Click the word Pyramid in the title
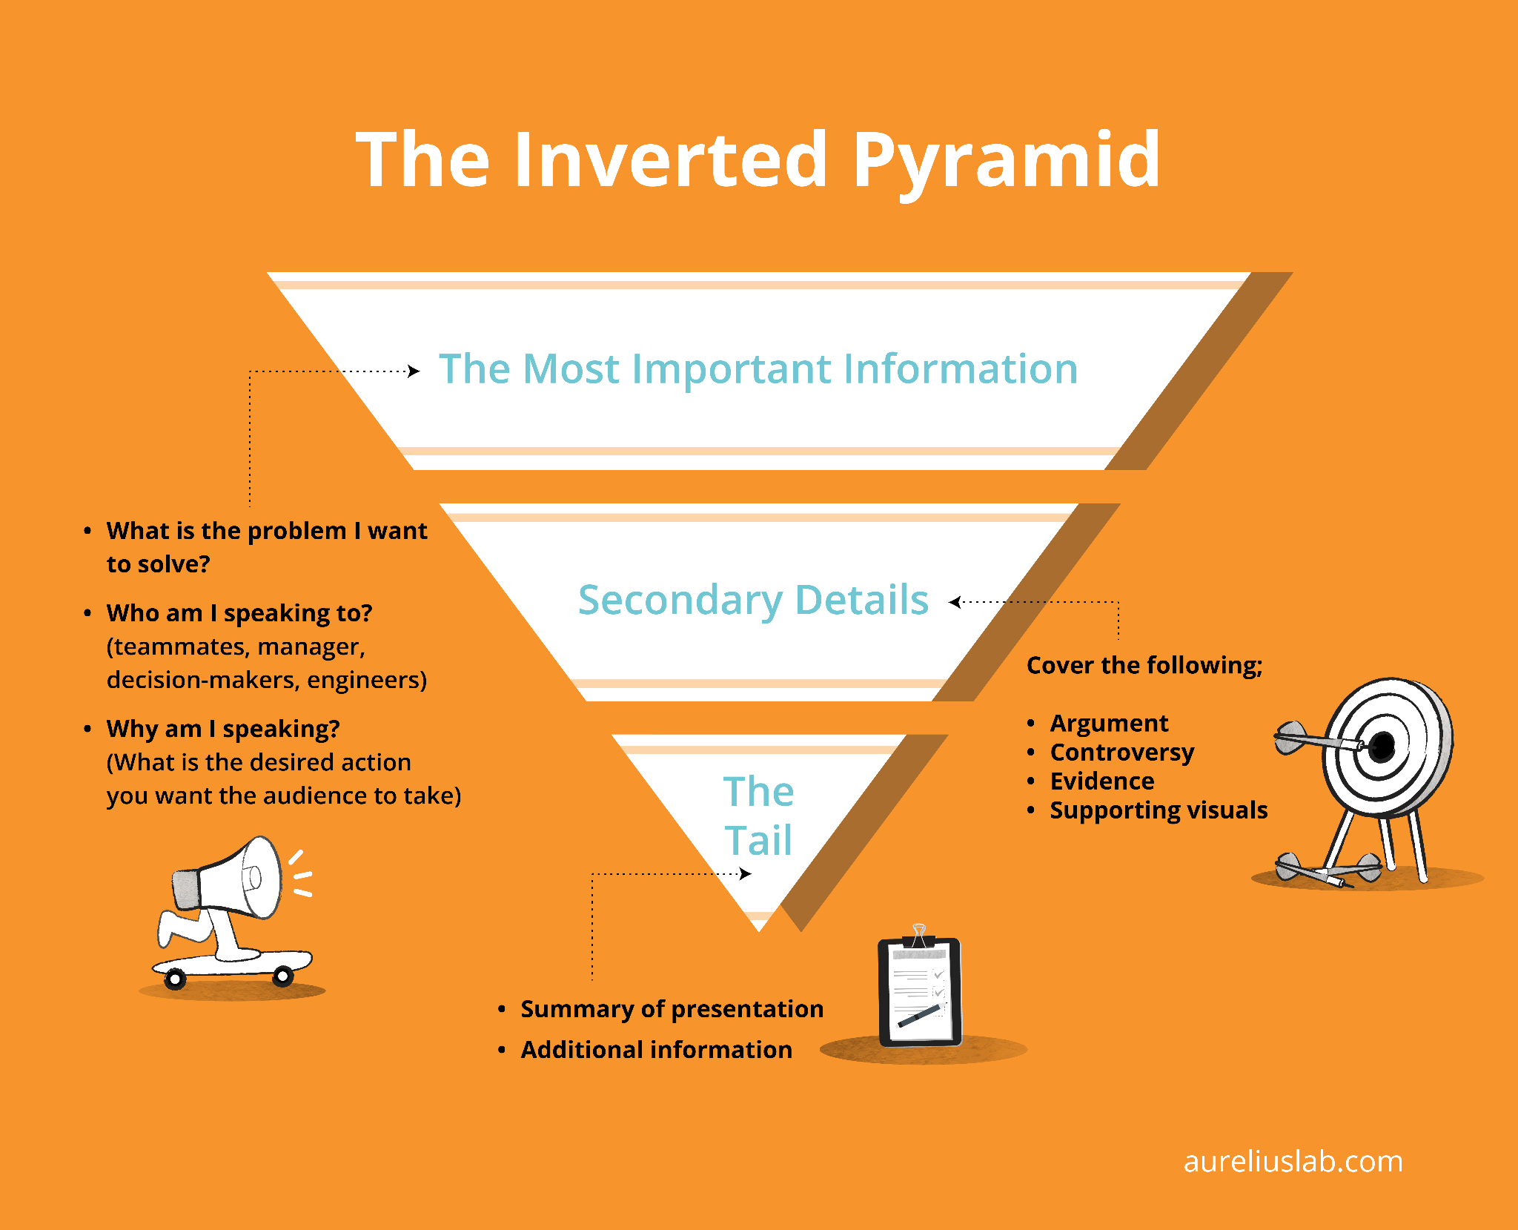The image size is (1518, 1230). point(1006,159)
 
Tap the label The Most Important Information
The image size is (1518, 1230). point(758,368)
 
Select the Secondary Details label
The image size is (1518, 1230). point(753,600)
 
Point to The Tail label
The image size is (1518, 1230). point(758,816)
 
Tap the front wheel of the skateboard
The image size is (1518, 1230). point(282,976)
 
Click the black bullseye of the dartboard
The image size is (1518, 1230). point(1382,747)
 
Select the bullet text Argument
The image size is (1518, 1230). point(1109,723)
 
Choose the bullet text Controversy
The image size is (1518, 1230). point(1122,752)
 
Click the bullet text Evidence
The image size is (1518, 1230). point(1102,781)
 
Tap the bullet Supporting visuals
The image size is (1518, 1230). point(1159,810)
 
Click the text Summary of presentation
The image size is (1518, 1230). point(672,1009)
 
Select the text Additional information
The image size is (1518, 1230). point(656,1050)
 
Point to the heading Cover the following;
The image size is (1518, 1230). point(1144,665)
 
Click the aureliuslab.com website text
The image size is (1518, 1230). point(1293,1161)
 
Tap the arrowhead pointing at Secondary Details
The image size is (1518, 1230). point(955,602)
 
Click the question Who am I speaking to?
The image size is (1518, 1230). point(239,613)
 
